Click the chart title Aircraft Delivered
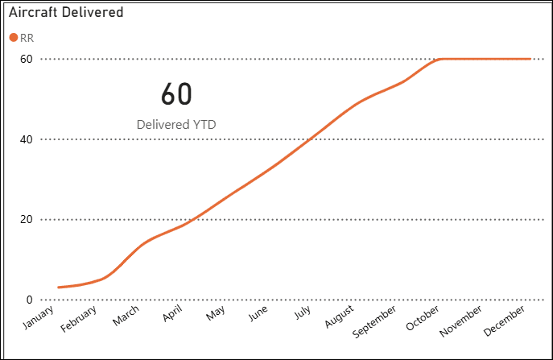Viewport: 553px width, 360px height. [x=66, y=13]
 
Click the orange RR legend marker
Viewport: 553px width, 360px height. [x=13, y=38]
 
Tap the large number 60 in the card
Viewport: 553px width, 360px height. [x=176, y=94]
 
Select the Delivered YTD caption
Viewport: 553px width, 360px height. [x=176, y=125]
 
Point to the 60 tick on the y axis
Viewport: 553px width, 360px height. [x=27, y=59]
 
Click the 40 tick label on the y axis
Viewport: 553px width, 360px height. [x=27, y=139]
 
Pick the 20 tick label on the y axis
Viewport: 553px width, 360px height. [x=27, y=220]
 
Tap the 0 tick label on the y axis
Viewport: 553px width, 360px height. [x=30, y=300]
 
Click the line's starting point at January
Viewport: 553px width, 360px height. [x=59, y=287]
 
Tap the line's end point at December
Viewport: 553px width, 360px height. [x=530, y=59]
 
